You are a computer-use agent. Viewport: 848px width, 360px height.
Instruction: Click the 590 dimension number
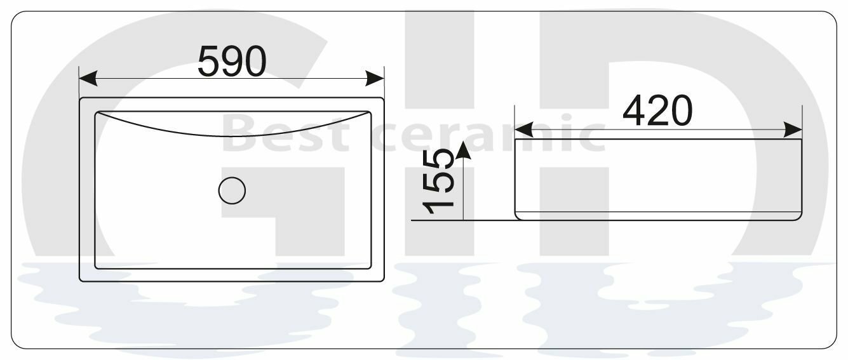[x=232, y=62]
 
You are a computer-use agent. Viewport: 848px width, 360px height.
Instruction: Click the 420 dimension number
[x=657, y=110]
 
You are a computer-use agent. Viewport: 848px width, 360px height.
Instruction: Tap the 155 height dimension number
[x=439, y=182]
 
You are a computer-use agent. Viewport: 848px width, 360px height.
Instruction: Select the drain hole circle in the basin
[x=232, y=190]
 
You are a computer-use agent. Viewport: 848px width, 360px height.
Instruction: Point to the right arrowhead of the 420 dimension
[x=793, y=130]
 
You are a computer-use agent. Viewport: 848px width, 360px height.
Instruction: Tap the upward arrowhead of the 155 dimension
[x=463, y=150]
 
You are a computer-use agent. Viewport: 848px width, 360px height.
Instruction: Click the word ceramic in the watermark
[x=496, y=135]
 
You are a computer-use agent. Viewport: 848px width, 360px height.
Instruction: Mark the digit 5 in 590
[x=210, y=62]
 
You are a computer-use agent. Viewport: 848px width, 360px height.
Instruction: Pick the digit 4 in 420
[x=635, y=110]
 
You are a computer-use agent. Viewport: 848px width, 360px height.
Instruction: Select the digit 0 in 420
[x=679, y=110]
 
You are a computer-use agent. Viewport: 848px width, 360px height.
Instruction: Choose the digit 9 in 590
[x=232, y=62]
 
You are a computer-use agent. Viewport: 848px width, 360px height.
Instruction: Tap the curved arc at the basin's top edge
[x=232, y=134]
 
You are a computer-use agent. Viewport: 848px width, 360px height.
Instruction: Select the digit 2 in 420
[x=657, y=110]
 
